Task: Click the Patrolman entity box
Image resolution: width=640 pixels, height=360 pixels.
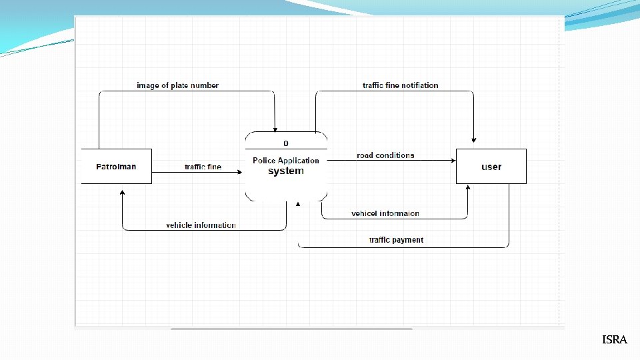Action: pyautogui.click(x=116, y=166)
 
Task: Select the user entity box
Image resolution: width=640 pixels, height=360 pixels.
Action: pyautogui.click(x=491, y=167)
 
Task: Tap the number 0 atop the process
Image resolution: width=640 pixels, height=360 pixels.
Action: pyautogui.click(x=286, y=143)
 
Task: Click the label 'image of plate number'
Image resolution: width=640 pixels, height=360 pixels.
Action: pyautogui.click(x=177, y=85)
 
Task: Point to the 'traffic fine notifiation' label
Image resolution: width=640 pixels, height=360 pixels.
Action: pyautogui.click(x=400, y=85)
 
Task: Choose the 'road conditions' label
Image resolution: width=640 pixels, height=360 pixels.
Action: pyautogui.click(x=385, y=155)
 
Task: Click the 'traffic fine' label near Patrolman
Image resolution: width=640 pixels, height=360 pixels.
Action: pyautogui.click(x=203, y=167)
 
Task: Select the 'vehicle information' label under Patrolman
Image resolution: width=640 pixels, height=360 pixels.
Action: pyautogui.click(x=201, y=225)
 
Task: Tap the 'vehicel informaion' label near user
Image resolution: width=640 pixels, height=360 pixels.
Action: pyautogui.click(x=385, y=213)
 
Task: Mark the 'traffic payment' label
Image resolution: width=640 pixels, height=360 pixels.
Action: pyautogui.click(x=396, y=240)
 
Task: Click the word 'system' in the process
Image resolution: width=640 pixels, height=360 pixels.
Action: pyautogui.click(x=286, y=171)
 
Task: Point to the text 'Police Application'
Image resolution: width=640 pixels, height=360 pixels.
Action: pyautogui.click(x=286, y=161)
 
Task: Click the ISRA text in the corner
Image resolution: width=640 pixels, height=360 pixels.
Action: pyautogui.click(x=614, y=340)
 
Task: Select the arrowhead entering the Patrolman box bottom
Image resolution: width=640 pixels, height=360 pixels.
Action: pyautogui.click(x=122, y=191)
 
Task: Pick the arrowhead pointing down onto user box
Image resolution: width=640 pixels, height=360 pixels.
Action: pyautogui.click(x=473, y=139)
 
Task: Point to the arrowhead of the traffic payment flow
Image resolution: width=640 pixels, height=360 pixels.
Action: pyautogui.click(x=298, y=203)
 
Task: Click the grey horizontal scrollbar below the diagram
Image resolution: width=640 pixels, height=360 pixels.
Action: pyautogui.click(x=291, y=329)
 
